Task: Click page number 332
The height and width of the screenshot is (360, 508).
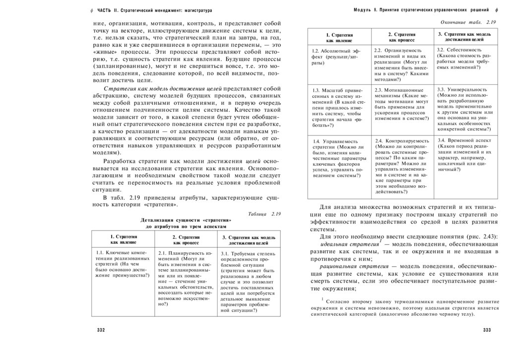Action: click(x=101, y=331)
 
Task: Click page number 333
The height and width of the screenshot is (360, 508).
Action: click(x=486, y=331)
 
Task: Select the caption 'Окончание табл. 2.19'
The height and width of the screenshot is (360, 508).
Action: click(x=468, y=22)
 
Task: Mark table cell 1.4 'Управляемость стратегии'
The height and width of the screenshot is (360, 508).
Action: click(x=339, y=158)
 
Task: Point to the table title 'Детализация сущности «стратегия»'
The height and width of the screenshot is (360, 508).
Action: click(x=186, y=220)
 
